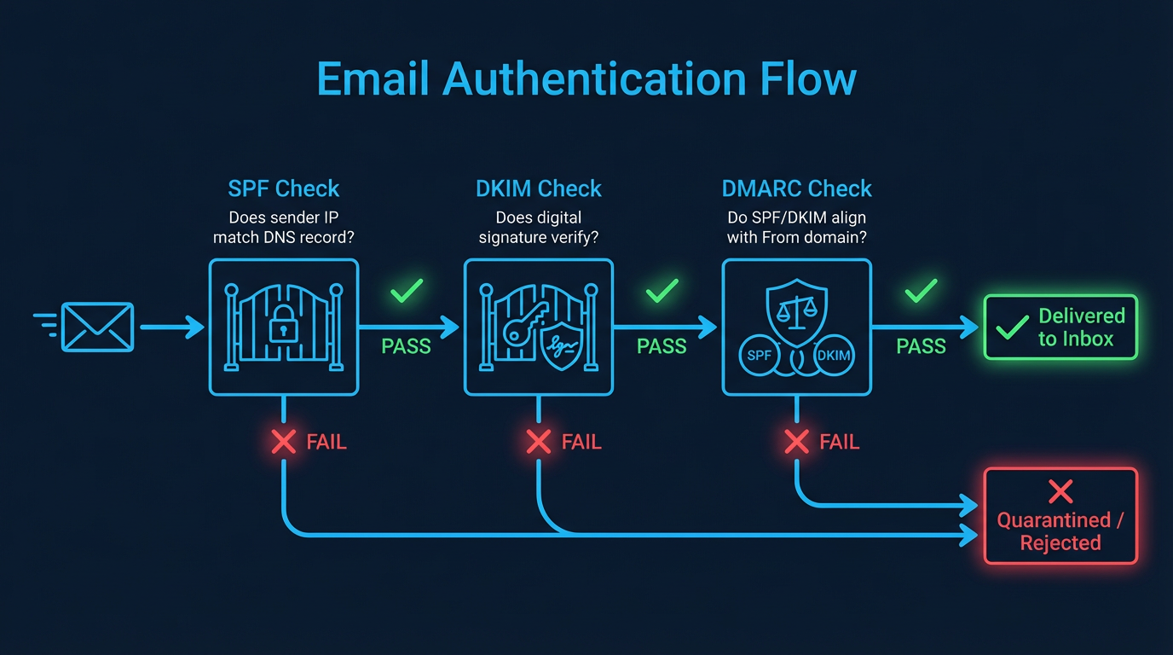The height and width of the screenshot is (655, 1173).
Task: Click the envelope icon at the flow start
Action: click(97, 327)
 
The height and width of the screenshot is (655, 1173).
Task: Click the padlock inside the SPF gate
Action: click(282, 327)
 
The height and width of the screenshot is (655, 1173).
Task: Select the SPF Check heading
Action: click(284, 188)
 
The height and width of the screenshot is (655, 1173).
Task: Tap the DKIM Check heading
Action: click(539, 188)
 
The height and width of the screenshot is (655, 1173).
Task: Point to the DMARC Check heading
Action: click(797, 188)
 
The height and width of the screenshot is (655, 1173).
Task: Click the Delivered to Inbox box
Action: click(1060, 327)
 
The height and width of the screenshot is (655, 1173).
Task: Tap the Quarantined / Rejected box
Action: click(1060, 516)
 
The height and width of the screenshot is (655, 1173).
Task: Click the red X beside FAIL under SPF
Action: click(284, 442)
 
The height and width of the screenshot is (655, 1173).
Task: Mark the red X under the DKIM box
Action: click(539, 442)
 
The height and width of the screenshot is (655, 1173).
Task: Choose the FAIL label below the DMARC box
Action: click(839, 442)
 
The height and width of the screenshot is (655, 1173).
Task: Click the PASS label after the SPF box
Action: click(406, 346)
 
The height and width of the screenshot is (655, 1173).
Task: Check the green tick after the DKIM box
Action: click(662, 293)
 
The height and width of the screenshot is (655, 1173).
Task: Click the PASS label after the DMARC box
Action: click(921, 346)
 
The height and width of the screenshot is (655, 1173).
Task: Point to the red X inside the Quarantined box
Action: click(1060, 490)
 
